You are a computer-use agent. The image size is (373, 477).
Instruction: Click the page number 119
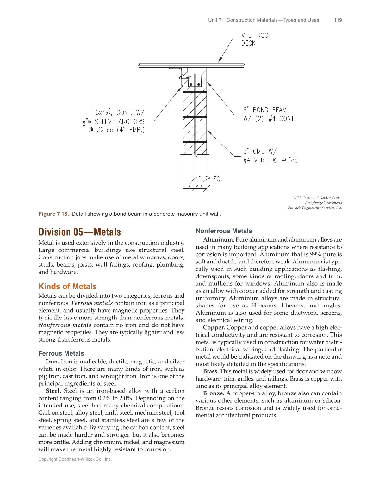(338, 20)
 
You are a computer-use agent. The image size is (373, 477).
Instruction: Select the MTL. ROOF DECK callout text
(256, 39)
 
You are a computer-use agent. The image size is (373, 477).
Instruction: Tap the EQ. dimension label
(217, 179)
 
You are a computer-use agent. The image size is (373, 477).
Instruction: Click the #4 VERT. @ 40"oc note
(270, 160)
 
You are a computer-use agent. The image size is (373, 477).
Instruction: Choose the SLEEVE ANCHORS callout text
(120, 122)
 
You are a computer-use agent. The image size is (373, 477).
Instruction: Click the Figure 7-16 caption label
(53, 214)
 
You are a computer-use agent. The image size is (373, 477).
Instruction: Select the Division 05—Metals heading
(79, 232)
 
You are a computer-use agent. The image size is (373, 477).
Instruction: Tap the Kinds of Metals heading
(67, 287)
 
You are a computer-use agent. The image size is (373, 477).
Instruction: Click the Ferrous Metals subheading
(61, 354)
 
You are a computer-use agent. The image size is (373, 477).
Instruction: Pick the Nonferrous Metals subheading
(224, 231)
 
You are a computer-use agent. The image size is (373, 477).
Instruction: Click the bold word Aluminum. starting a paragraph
(219, 240)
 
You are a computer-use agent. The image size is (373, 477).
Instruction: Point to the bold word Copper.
(214, 328)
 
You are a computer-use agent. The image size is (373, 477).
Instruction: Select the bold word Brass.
(211, 371)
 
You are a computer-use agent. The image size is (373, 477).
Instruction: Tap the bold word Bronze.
(214, 393)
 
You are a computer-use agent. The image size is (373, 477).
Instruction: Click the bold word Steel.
(53, 391)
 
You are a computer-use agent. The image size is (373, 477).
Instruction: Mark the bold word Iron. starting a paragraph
(52, 362)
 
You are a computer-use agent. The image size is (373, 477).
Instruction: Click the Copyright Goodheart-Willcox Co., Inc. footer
(75, 459)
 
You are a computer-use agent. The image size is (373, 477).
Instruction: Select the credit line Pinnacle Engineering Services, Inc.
(314, 208)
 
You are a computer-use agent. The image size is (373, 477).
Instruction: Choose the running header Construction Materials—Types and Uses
(272, 20)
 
